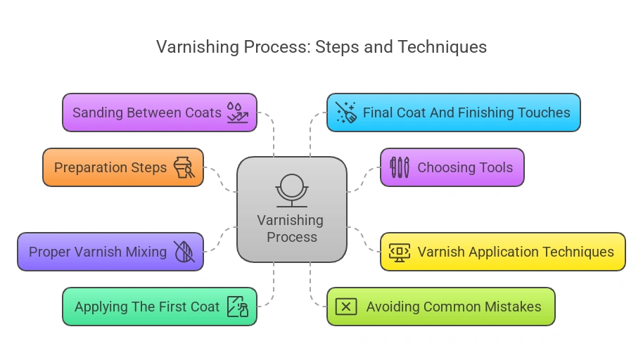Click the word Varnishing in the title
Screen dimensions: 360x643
pyautogui.click(x=197, y=47)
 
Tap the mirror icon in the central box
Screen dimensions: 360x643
pyautogui.click(x=291, y=190)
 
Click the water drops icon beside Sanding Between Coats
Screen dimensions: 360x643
pyautogui.click(x=237, y=112)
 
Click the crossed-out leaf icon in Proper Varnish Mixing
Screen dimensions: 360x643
pyautogui.click(x=184, y=252)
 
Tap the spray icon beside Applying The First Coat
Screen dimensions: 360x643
pyautogui.click(x=237, y=307)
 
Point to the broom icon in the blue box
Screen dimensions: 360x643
pyautogui.click(x=346, y=112)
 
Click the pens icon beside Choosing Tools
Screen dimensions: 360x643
pyautogui.click(x=399, y=167)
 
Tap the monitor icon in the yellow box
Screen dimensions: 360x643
pyautogui.click(x=400, y=252)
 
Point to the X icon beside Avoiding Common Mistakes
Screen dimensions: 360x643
pyautogui.click(x=346, y=307)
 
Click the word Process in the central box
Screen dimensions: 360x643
pyautogui.click(x=291, y=238)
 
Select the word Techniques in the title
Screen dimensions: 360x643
pyautogui.click(x=442, y=47)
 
